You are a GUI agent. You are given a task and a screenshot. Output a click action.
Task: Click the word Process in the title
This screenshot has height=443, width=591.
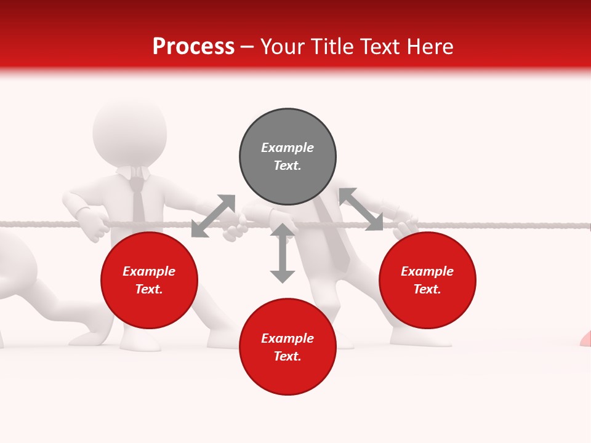tap(193, 47)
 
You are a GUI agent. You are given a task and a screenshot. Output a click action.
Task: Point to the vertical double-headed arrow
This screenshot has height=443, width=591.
tap(283, 253)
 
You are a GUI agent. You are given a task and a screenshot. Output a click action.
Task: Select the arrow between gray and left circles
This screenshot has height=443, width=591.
tap(213, 215)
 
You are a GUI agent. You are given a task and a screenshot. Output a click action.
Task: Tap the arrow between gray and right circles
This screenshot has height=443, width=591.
tap(361, 209)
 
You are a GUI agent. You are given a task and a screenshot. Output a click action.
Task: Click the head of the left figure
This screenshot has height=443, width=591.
tap(129, 132)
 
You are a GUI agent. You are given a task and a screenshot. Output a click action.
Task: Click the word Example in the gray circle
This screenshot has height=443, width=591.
tap(287, 148)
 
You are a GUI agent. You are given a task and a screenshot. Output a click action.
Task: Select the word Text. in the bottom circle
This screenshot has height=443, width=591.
tap(287, 356)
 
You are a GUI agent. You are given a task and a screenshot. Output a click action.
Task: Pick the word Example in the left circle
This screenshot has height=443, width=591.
tap(149, 271)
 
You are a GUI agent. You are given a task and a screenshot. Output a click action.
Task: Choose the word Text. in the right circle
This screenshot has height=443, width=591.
tap(427, 289)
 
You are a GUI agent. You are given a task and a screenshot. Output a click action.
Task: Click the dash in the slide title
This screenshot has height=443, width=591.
tap(247, 47)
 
